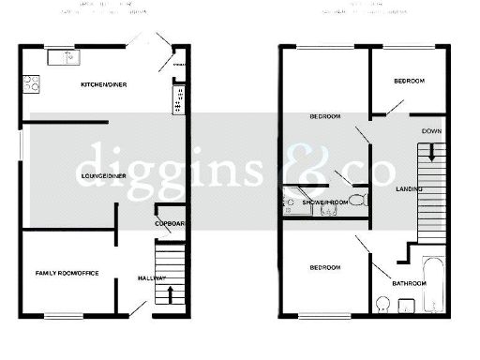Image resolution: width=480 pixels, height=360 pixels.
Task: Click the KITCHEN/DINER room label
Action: point(104,85)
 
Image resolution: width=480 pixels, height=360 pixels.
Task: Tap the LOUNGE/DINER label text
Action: point(102,176)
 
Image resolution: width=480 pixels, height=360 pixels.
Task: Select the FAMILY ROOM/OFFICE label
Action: point(67,273)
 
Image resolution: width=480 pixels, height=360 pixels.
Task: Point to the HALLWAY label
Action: point(152,278)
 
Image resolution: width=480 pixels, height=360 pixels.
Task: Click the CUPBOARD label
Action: point(169,223)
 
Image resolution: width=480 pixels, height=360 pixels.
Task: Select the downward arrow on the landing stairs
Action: point(432,148)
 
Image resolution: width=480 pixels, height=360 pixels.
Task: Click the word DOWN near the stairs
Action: point(432,130)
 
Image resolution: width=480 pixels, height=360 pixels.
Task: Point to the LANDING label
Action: point(409,190)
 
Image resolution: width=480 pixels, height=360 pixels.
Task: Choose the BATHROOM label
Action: point(410,283)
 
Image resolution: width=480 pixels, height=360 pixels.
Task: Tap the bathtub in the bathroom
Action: point(434,284)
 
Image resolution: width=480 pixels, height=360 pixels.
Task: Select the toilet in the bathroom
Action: point(382,306)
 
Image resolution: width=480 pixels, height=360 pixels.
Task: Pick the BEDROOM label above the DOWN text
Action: point(409,82)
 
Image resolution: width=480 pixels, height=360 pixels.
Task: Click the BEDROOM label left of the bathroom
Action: point(324,268)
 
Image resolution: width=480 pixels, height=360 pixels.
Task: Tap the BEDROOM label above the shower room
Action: point(324,116)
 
